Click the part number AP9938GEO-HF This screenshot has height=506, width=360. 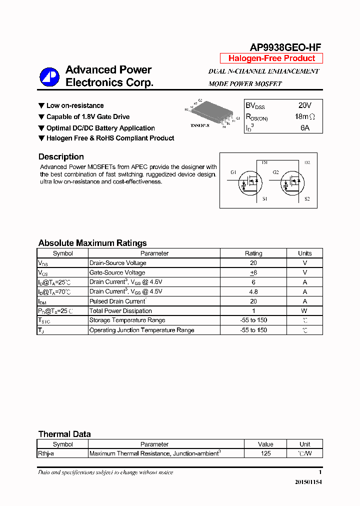[x=285, y=47]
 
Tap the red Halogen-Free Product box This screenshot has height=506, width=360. [x=271, y=58]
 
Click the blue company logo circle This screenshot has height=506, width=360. [x=49, y=76]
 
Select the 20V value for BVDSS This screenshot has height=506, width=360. [x=304, y=105]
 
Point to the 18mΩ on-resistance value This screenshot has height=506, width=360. [x=304, y=116]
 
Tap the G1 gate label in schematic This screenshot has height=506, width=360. [x=233, y=172]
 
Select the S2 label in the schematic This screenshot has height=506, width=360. [x=307, y=199]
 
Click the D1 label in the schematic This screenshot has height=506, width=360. [x=264, y=163]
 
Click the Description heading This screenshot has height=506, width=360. [x=61, y=156]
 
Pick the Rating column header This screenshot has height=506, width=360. [x=253, y=253]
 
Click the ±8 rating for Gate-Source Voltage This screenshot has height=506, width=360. [x=253, y=272]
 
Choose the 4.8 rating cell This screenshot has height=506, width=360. [x=253, y=291]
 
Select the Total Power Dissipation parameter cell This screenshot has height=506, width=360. [x=120, y=311]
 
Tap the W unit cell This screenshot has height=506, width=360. [x=304, y=311]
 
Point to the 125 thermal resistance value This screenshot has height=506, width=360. [x=265, y=453]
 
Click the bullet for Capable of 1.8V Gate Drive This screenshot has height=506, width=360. [x=41, y=117]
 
